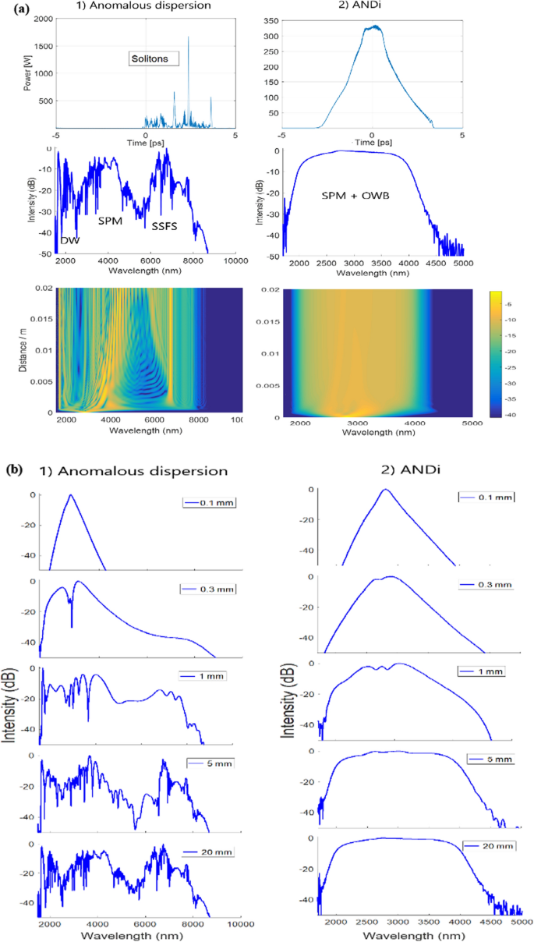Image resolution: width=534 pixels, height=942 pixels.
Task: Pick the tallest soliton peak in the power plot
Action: (188, 37)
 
